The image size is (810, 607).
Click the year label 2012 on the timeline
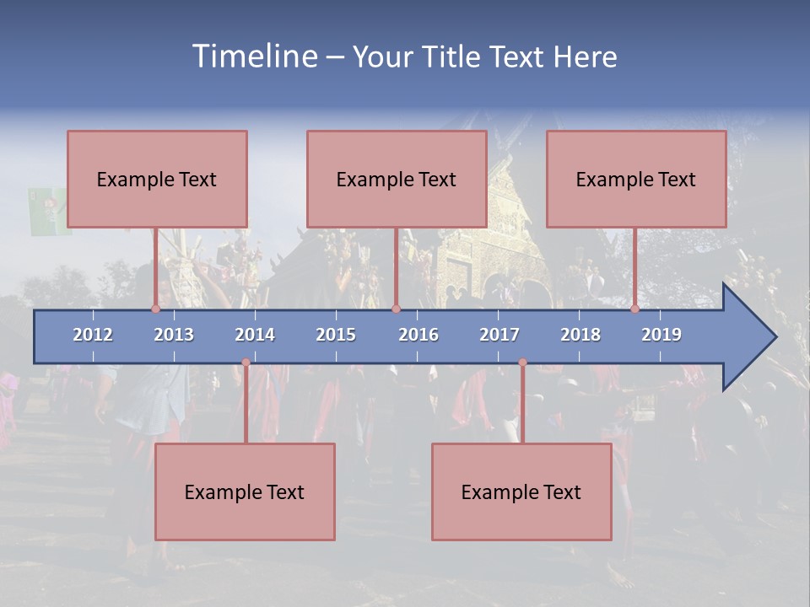pyautogui.click(x=93, y=335)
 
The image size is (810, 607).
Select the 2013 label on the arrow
pyautogui.click(x=174, y=335)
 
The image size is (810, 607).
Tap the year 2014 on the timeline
pyautogui.click(x=255, y=335)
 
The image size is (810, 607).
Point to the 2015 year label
pyautogui.click(x=336, y=335)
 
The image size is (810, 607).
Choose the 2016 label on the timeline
pyautogui.click(x=418, y=335)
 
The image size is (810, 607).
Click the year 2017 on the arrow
pyautogui.click(x=499, y=335)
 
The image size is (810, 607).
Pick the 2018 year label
pyautogui.click(x=580, y=335)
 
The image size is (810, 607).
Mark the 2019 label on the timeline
pyautogui.click(x=661, y=335)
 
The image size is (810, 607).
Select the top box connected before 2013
pyautogui.click(x=157, y=179)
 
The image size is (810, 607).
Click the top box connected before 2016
pyautogui.click(x=397, y=179)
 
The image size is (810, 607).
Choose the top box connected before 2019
pyautogui.click(x=636, y=179)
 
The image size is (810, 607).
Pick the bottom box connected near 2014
pyautogui.click(x=245, y=492)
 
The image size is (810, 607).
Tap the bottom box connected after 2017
pyautogui.click(x=521, y=492)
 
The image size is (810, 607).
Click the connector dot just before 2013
pyautogui.click(x=155, y=309)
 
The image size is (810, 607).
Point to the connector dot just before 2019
pyautogui.click(x=634, y=309)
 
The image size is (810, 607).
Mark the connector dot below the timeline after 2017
pyautogui.click(x=522, y=363)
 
